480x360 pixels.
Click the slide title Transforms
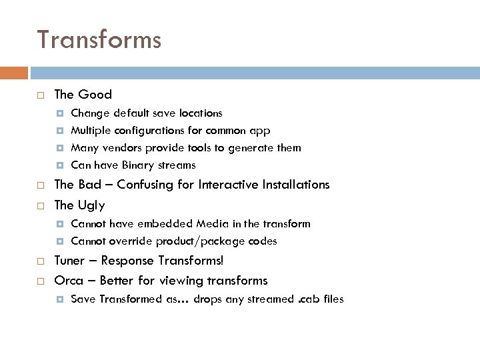click(x=99, y=40)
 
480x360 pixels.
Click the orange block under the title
click(x=14, y=72)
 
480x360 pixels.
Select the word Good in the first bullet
click(x=95, y=95)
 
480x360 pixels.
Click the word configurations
click(x=153, y=130)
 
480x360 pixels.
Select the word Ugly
click(x=91, y=204)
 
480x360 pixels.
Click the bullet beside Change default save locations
click(x=59, y=113)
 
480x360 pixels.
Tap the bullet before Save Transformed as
click(x=59, y=299)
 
